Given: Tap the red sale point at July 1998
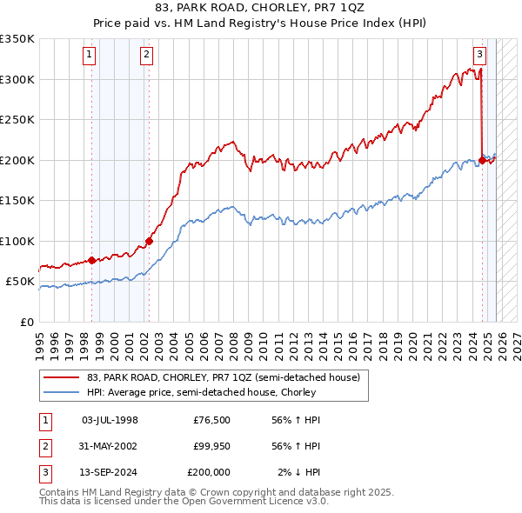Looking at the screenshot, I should click(91, 260).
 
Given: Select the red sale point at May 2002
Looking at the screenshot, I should click(149, 241).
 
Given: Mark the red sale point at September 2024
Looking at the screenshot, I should click(482, 160).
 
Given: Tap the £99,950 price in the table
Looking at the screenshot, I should click(211, 446).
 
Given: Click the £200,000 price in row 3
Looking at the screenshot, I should click(209, 472).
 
